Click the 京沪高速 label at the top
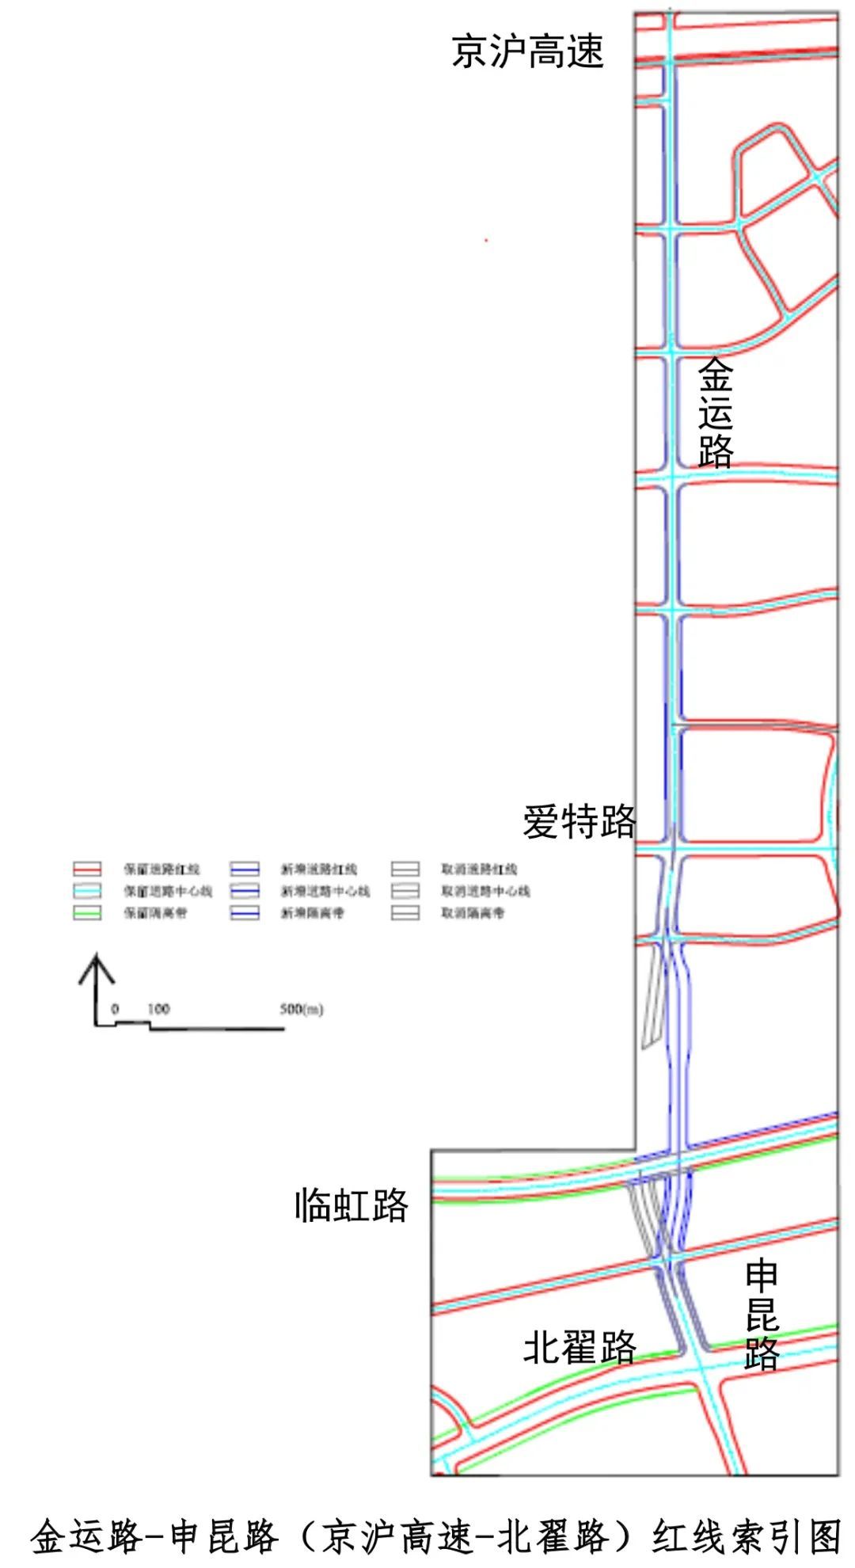click(x=527, y=51)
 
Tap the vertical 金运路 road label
click(x=715, y=413)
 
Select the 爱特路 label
click(x=579, y=821)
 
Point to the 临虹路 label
click(x=351, y=1206)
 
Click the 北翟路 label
click(x=579, y=1347)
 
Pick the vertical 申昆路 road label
click(x=762, y=1315)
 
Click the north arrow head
click(x=97, y=968)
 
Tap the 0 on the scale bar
click(x=115, y=1009)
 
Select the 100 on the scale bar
click(x=158, y=1009)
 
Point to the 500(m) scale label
click(x=301, y=1009)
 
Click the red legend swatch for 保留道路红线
click(x=87, y=869)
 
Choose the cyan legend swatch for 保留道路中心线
click(x=87, y=891)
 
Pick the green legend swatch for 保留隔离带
click(x=87, y=913)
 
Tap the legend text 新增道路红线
click(x=318, y=869)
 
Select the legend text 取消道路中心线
click(x=485, y=891)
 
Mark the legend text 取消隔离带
click(x=473, y=913)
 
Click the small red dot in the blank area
click(x=486, y=240)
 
